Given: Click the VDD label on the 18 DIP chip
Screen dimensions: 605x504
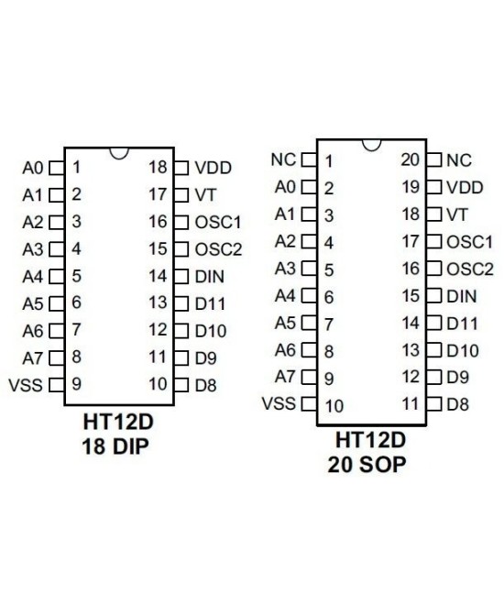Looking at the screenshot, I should pos(213,168).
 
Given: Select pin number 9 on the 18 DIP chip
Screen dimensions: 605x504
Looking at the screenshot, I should pos(76,384).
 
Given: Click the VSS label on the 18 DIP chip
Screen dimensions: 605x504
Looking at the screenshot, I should pos(30,384).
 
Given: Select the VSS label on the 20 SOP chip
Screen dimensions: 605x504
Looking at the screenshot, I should pos(279,404).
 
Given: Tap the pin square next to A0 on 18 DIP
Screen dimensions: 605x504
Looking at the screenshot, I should pos(55,168).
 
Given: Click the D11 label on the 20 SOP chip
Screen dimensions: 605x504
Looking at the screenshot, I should pos(462,323).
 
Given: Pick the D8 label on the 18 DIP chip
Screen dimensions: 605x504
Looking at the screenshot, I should pos(205,384).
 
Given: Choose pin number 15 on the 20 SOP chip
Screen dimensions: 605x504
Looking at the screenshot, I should pos(410,295).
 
